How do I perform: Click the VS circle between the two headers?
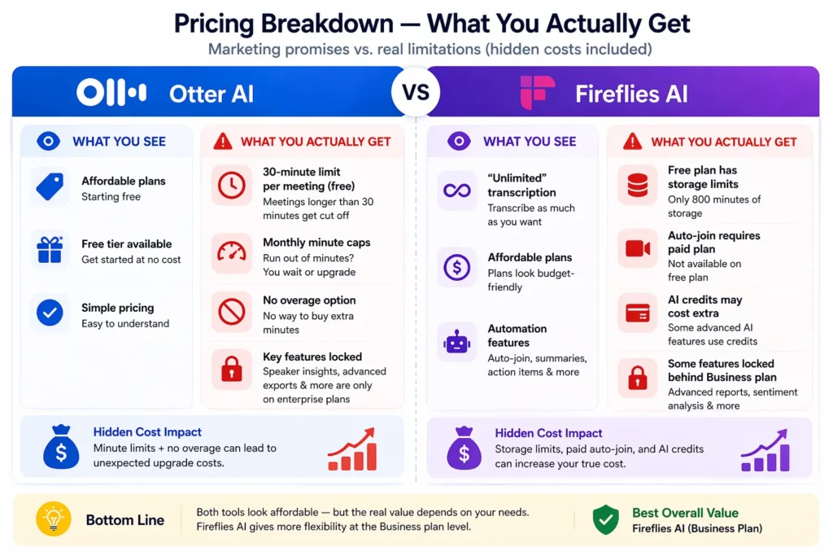point(416,92)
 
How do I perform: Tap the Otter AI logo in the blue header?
point(111,93)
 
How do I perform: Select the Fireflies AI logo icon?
point(538,93)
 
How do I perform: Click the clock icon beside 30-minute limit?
point(231,186)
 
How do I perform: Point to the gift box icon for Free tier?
point(50,249)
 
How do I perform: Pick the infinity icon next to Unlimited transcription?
point(456,191)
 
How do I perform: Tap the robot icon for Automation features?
point(456,343)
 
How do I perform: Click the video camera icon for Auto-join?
point(638,249)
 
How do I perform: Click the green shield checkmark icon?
point(605,519)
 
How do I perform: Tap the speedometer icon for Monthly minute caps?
point(231,250)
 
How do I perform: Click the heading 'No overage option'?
point(309,300)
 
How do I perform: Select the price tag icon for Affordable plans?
point(50,186)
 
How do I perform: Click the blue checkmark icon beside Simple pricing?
point(50,313)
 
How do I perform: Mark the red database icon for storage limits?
point(638,186)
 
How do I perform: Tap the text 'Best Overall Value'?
point(685,513)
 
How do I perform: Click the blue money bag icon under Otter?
point(61,449)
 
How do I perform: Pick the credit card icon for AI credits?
point(638,313)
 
